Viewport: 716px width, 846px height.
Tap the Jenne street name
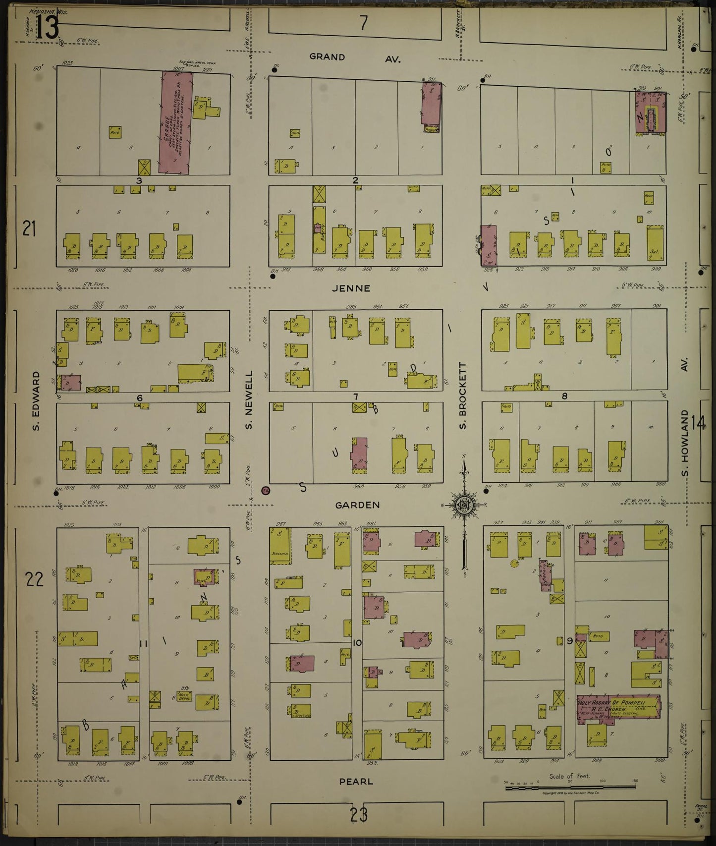coord(351,288)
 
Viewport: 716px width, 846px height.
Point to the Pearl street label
coord(356,782)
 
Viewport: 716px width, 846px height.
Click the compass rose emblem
coord(464,505)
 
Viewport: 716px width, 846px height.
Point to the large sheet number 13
coord(48,27)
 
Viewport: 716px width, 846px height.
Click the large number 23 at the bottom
coord(358,815)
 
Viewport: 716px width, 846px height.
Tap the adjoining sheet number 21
coord(29,229)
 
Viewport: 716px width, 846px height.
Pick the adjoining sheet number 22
coord(34,579)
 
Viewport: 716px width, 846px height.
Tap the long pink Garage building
coord(175,122)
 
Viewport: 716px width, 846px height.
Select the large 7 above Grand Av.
coord(364,23)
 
